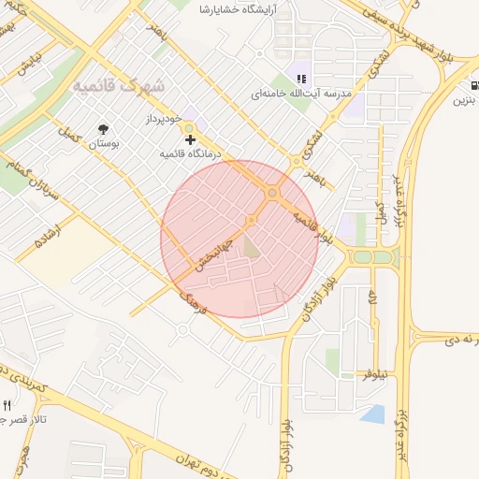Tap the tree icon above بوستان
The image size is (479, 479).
click(103, 129)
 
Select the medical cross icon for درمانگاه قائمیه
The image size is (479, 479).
click(190, 138)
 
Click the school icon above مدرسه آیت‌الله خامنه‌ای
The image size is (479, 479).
click(301, 80)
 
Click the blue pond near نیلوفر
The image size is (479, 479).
click(372, 414)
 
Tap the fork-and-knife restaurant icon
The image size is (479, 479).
click(7, 406)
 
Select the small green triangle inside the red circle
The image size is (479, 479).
click(251, 246)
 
